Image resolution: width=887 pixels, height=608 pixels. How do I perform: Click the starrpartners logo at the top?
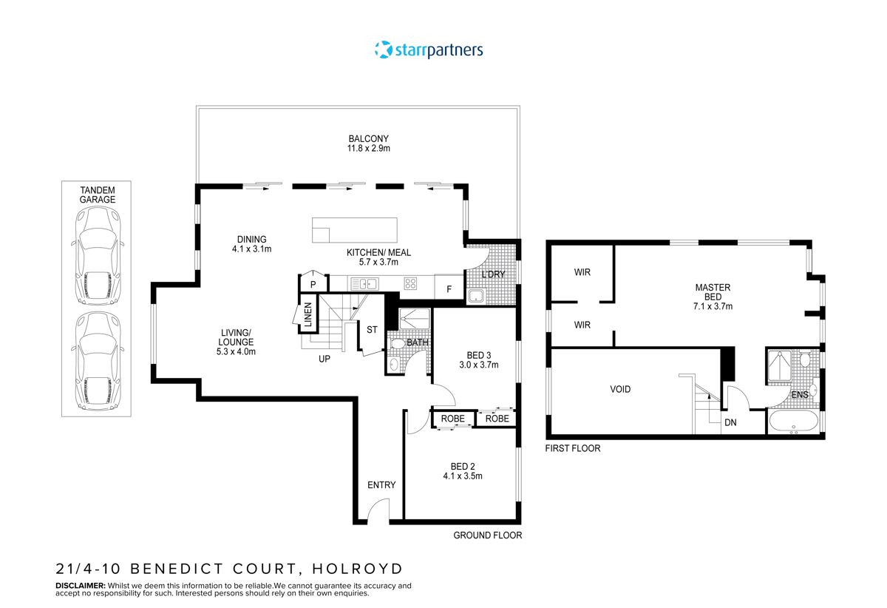pos(429,50)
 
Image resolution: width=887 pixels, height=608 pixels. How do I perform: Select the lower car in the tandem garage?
pos(95,362)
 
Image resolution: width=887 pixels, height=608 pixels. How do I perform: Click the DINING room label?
pos(251,239)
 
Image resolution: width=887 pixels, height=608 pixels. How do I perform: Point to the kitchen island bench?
pos(356,229)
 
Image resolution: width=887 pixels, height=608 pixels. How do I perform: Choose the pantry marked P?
pos(313,284)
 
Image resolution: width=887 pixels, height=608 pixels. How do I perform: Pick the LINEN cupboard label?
pos(307,316)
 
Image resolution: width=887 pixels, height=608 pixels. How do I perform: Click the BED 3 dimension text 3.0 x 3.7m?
pos(479,365)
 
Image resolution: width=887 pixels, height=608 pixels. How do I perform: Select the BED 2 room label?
pos(463,466)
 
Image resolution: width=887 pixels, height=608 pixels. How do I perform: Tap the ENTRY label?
pos(381,485)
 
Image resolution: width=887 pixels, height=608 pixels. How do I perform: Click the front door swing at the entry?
pos(378,511)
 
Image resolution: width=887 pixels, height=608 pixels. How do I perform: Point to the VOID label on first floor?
pos(620,389)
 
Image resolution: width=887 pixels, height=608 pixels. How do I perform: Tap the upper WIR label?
pos(582,272)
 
